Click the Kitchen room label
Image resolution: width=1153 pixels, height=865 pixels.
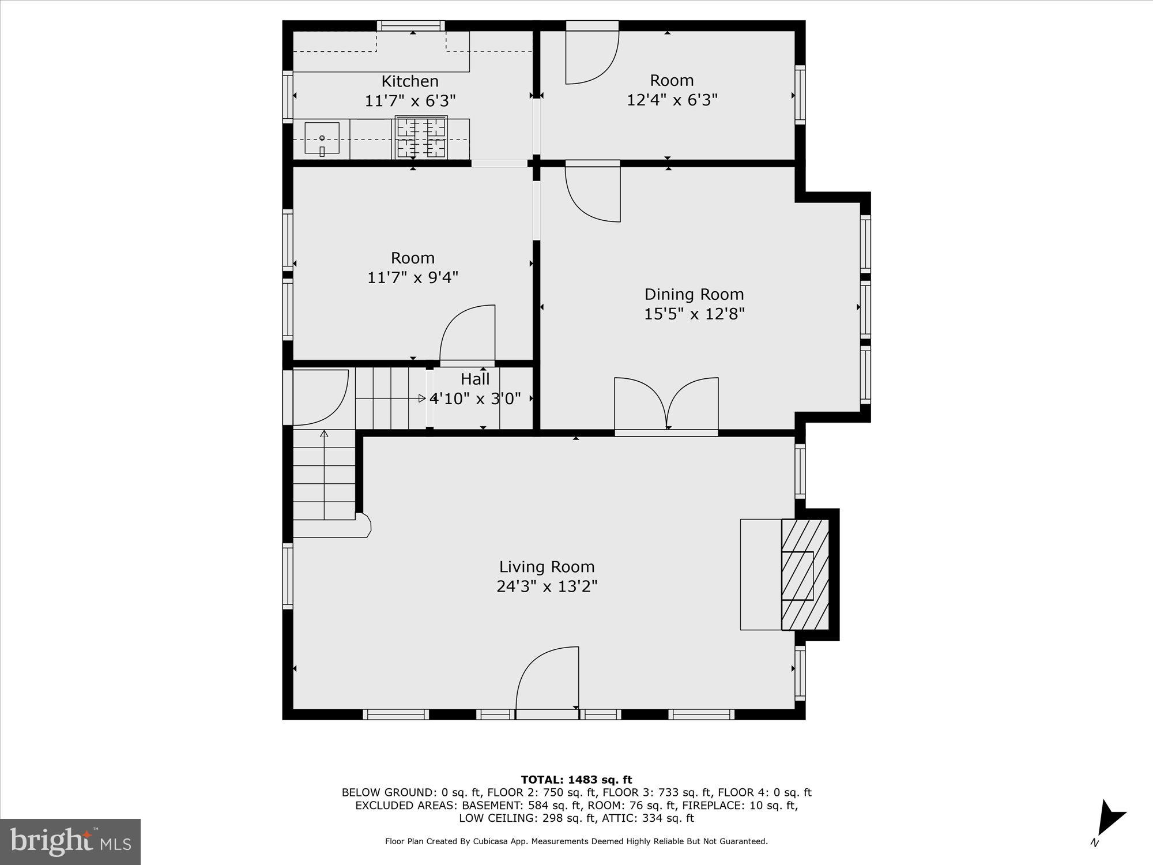[410, 81]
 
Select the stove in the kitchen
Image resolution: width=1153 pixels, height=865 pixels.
[421, 138]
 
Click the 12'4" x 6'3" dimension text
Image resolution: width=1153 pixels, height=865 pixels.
[672, 100]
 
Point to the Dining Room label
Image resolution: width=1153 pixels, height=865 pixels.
[694, 295]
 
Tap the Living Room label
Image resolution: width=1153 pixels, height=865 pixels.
[547, 567]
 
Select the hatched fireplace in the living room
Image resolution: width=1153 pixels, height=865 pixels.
[805, 574]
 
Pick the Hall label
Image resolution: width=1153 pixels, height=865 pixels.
[475, 379]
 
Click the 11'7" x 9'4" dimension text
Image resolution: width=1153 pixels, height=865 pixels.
[412, 278]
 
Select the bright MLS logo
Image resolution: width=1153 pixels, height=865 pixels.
[70, 842]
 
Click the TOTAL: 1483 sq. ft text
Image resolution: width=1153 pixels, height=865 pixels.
[576, 780]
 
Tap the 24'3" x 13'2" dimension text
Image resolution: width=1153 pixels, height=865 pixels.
[547, 586]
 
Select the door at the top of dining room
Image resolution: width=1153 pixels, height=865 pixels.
[593, 193]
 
